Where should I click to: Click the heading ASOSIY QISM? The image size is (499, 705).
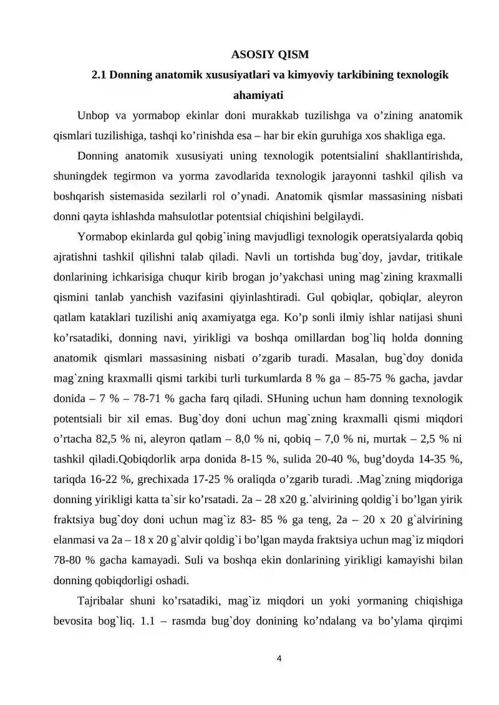(x=266, y=54)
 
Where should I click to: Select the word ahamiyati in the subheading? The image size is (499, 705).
(x=258, y=95)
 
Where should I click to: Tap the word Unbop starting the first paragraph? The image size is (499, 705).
(x=93, y=116)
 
